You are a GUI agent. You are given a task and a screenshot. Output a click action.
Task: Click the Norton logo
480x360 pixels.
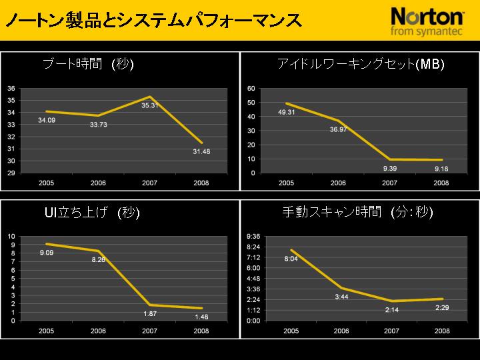click(427, 21)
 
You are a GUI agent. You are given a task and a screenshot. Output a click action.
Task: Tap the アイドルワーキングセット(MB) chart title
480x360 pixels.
click(361, 64)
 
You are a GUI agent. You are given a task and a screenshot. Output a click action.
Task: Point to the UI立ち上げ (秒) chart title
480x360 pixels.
click(91, 213)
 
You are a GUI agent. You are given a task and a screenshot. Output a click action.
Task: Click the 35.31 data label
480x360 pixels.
click(149, 105)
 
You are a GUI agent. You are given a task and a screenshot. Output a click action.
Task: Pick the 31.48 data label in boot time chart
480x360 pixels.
click(201, 151)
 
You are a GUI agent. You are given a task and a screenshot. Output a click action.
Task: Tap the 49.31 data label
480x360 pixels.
click(287, 112)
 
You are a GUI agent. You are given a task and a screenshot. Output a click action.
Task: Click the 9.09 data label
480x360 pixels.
click(47, 253)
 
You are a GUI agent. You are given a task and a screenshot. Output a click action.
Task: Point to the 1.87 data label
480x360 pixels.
click(150, 313)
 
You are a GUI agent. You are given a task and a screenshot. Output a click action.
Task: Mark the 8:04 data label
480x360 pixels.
click(291, 259)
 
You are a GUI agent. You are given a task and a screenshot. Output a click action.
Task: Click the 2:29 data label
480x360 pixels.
click(442, 307)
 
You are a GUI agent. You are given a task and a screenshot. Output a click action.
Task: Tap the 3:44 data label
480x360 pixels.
click(341, 297)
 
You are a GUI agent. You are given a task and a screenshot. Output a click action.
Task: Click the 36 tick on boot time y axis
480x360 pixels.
click(11, 88)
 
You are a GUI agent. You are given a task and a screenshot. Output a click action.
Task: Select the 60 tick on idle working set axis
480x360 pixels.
click(251, 88)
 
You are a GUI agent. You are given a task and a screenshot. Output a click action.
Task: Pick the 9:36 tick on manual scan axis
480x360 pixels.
click(253, 237)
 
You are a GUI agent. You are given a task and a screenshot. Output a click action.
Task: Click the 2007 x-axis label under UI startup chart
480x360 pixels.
click(150, 331)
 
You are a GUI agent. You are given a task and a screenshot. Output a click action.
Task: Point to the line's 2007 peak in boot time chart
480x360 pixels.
click(150, 97)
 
